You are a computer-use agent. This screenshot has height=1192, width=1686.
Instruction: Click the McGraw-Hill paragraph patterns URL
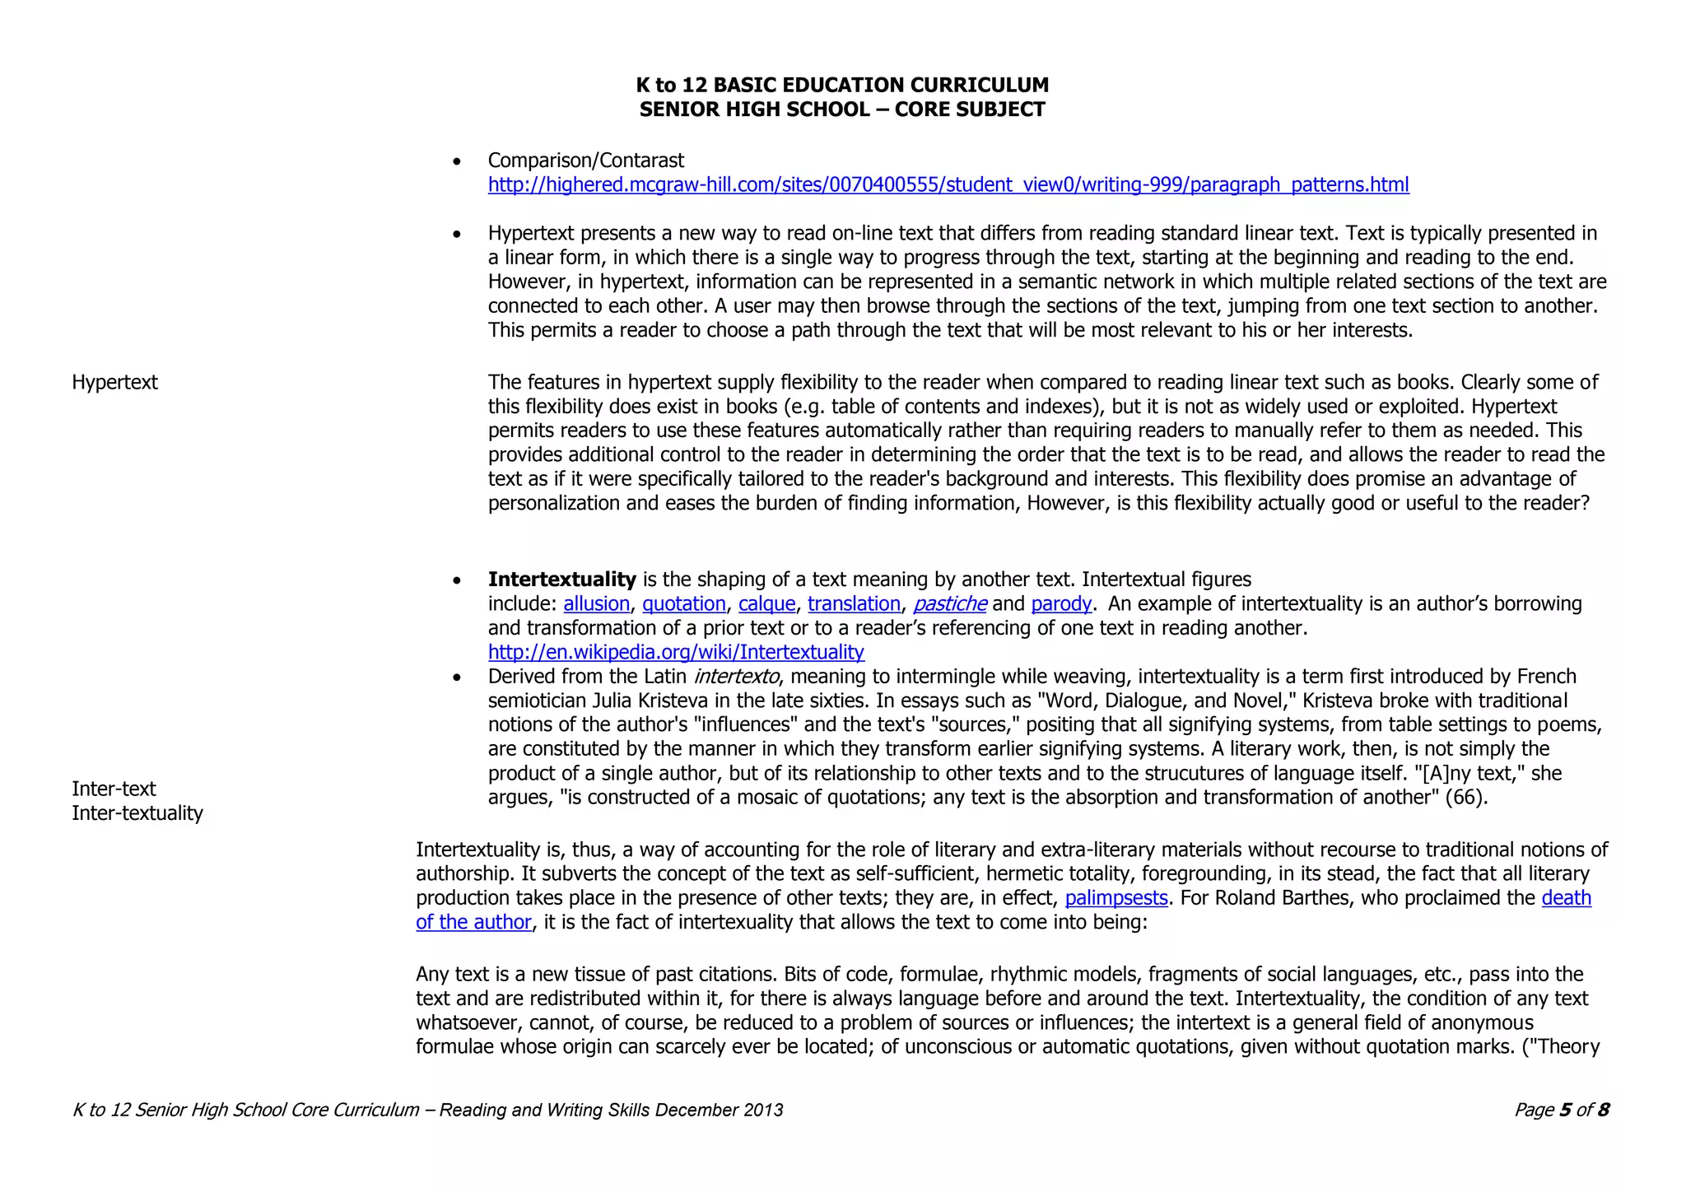point(948,184)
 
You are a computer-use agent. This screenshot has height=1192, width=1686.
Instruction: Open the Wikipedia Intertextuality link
point(676,652)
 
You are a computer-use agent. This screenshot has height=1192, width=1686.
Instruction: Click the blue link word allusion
point(596,603)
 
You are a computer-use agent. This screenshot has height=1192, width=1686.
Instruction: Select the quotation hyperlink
point(683,603)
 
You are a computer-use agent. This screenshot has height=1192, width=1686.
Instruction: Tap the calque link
point(766,603)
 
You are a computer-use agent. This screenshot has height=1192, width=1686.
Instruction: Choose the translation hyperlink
point(854,603)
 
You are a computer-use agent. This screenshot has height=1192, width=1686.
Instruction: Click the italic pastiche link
point(949,603)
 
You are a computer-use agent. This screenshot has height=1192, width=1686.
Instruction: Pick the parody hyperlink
point(1060,603)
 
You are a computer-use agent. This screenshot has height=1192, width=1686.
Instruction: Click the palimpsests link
point(1115,897)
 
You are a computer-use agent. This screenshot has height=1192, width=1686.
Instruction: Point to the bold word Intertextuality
point(561,580)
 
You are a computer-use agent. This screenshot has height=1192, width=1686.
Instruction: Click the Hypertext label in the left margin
point(114,382)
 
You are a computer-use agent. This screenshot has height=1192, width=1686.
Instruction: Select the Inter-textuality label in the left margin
point(137,813)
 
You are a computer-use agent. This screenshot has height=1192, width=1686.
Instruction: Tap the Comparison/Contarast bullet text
point(585,161)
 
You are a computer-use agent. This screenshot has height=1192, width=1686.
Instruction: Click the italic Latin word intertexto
point(735,677)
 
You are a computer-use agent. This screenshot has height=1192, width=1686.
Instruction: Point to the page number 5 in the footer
point(1564,1110)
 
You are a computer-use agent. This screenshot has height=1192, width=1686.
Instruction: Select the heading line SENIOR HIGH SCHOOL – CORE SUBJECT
point(841,109)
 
